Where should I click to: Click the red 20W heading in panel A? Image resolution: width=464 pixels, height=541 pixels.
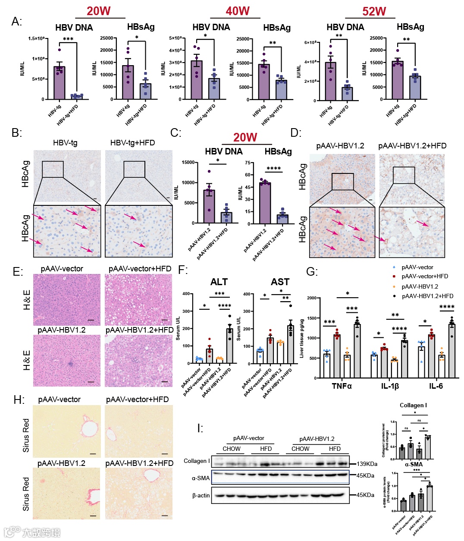98,11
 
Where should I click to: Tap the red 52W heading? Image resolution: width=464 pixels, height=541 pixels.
374,11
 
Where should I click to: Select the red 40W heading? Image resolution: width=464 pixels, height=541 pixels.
237,11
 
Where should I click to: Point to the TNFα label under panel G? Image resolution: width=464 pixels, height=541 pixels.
342,386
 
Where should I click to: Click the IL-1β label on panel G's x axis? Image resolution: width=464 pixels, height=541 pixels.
390,386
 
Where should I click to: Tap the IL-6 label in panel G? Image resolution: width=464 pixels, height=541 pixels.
436,386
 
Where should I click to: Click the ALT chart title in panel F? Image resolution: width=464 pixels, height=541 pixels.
219,282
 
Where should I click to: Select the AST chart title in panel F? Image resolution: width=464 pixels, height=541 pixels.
280,282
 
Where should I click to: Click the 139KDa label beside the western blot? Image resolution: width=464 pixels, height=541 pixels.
367,464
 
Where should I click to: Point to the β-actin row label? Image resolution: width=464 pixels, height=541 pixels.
201,495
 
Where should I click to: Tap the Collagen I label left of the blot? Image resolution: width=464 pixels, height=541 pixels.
197,461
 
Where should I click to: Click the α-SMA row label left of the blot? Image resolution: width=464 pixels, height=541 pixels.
201,478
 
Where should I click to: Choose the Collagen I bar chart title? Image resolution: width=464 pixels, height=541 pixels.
413,405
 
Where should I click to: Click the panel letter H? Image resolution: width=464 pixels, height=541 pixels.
19,400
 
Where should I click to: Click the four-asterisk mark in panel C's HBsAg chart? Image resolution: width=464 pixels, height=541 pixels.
273,169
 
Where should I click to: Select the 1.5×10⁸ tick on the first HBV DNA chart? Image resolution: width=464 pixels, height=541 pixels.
36,38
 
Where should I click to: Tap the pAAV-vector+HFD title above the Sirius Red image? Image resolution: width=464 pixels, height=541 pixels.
137,399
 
